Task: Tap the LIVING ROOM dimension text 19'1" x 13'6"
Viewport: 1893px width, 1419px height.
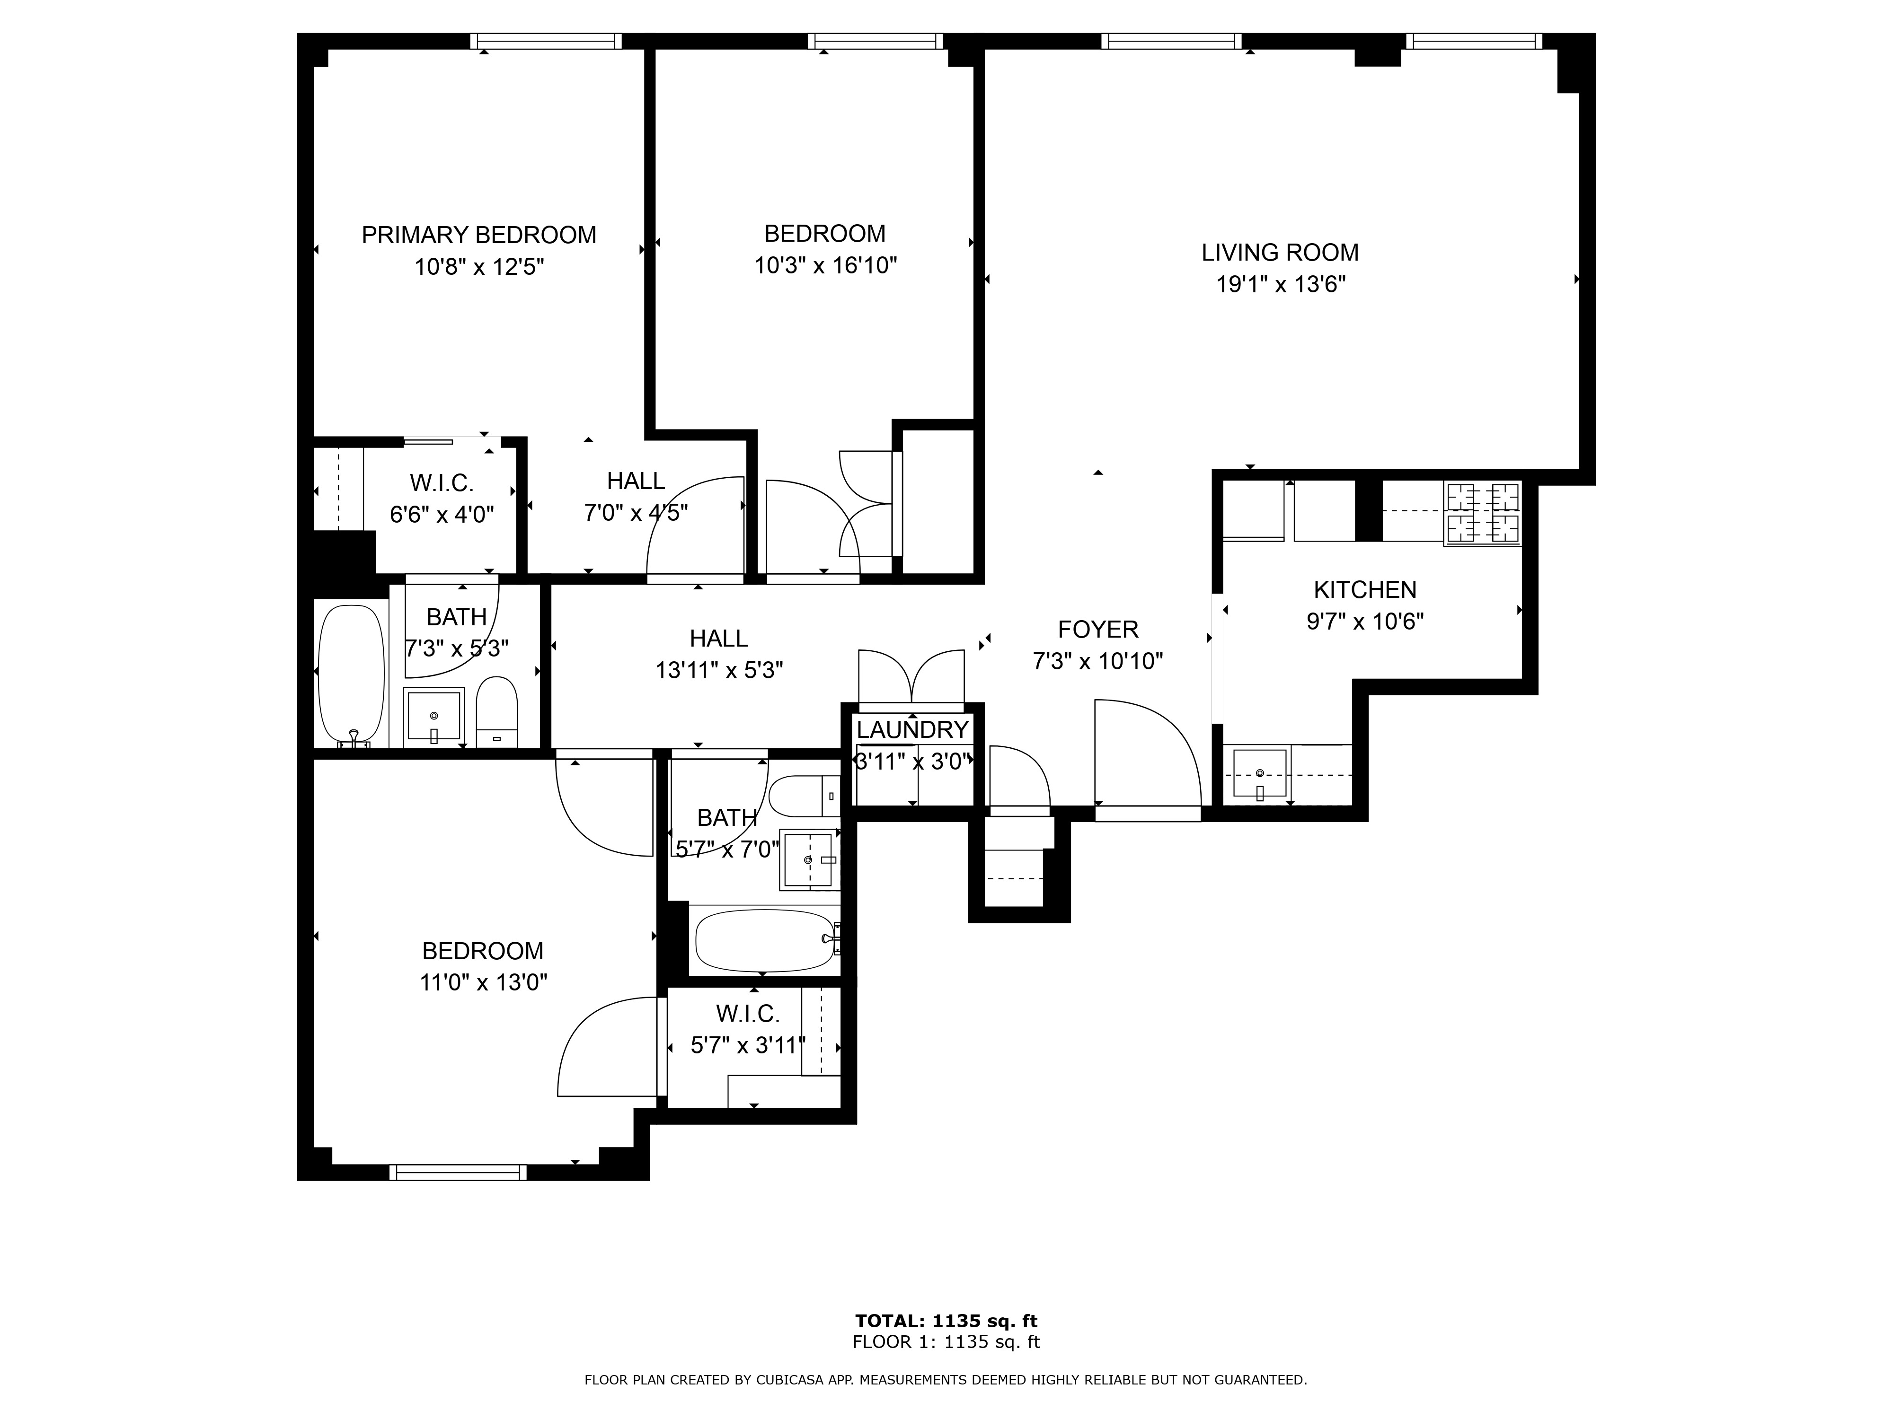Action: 1281,284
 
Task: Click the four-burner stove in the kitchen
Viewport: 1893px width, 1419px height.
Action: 1482,513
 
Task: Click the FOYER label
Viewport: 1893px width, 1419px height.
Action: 1098,630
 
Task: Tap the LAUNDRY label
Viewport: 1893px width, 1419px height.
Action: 912,729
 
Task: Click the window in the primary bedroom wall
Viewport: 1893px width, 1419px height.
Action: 546,41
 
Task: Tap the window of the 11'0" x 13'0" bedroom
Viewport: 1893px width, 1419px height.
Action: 458,1173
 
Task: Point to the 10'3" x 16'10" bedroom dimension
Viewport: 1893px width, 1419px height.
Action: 825,265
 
